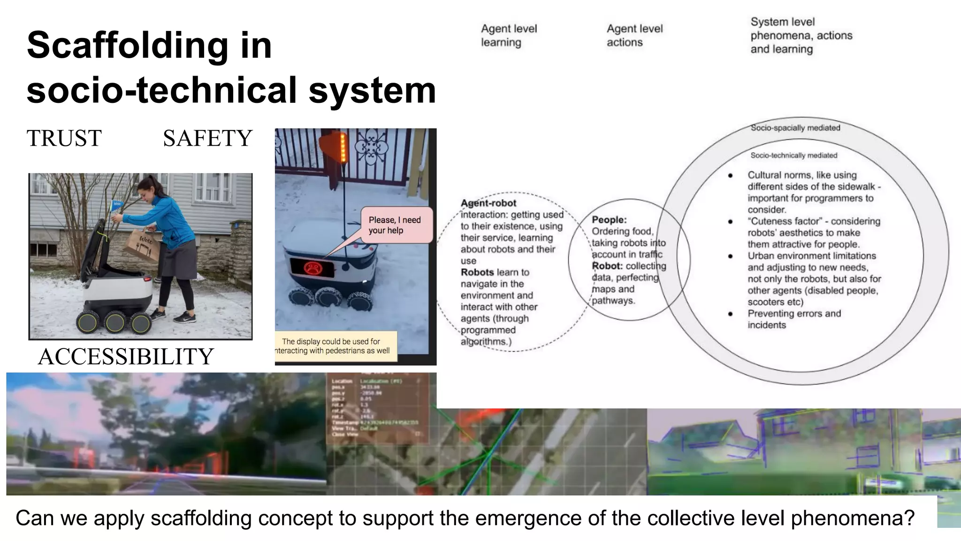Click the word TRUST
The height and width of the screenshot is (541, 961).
tap(64, 138)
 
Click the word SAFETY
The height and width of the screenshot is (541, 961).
tap(207, 138)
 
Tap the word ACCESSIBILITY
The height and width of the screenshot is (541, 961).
tap(126, 356)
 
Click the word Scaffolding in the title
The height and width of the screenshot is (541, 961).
tap(127, 45)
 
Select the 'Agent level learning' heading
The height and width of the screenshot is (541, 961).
tap(509, 35)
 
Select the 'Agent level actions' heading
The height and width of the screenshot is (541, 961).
tap(634, 35)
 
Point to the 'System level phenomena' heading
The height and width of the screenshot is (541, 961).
tap(801, 35)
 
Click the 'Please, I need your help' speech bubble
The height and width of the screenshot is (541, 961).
tap(396, 225)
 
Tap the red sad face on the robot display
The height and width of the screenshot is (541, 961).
tap(311, 268)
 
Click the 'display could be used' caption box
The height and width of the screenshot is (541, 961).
tap(336, 346)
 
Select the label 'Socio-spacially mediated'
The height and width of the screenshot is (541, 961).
tap(795, 128)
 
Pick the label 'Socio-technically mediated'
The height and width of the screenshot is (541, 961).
tap(793, 155)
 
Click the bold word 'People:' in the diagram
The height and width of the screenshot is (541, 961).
tap(609, 220)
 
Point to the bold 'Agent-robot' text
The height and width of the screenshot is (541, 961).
tap(488, 203)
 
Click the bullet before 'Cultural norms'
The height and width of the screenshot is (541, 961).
tap(731, 176)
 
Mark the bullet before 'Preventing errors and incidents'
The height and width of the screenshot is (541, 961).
tap(731, 314)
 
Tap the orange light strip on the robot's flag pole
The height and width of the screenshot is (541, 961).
tap(343, 147)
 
